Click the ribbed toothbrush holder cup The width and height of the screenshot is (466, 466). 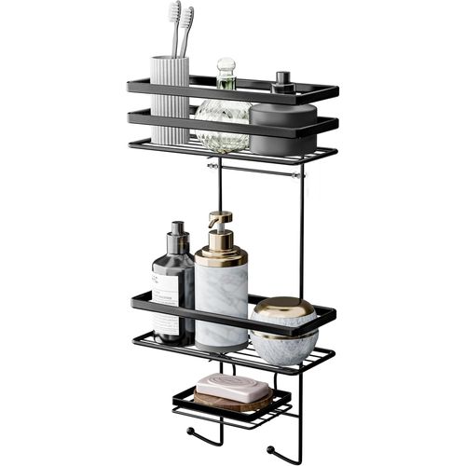170,103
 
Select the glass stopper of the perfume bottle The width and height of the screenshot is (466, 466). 225,71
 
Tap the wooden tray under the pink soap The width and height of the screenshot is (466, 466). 233,403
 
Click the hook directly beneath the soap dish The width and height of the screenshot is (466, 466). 194,432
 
